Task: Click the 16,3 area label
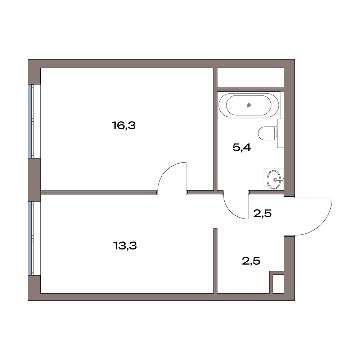point(124,126)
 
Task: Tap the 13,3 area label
point(125,246)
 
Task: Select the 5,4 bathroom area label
point(242,147)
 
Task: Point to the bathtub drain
point(249,105)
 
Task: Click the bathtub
point(249,105)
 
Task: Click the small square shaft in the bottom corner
point(278,284)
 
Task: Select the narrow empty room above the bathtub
point(251,78)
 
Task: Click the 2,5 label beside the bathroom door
point(262,213)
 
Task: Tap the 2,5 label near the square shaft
point(251,261)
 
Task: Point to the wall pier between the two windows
point(34,180)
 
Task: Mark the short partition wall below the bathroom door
point(215,261)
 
